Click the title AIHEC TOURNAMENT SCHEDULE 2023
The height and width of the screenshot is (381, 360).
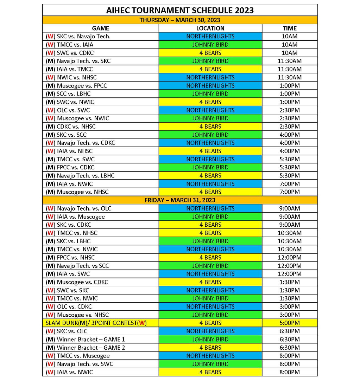click(180, 10)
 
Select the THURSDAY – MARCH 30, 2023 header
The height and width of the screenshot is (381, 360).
click(180, 20)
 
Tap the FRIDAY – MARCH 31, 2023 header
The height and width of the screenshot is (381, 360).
click(180, 200)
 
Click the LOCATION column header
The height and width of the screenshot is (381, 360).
click(210, 28)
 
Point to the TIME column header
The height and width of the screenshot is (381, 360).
click(290, 28)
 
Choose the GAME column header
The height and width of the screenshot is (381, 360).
click(101, 28)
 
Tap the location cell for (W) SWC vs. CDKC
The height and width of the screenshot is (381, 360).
click(210, 53)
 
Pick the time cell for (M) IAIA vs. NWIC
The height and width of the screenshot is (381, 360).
click(290, 184)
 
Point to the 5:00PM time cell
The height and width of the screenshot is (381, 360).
click(290, 323)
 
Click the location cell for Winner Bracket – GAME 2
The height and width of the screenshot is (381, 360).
click(210, 348)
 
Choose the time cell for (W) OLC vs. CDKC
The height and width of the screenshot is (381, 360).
click(290, 306)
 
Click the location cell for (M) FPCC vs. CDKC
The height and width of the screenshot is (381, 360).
click(210, 167)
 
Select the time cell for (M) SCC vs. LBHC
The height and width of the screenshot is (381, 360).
click(290, 94)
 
